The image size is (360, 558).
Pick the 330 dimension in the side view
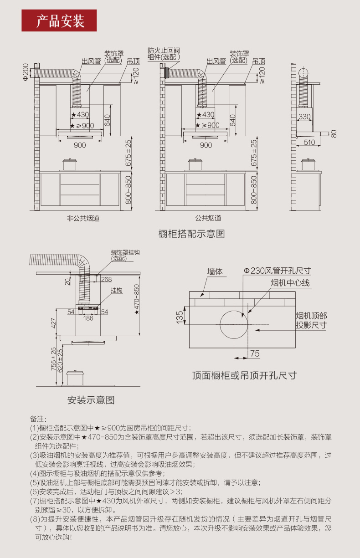click(305, 117)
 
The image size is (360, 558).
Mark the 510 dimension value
click(309, 143)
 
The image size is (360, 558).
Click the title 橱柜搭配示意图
click(191, 234)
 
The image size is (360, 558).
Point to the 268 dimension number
click(106, 280)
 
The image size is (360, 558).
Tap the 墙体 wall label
click(215, 272)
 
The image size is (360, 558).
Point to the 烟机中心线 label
click(290, 283)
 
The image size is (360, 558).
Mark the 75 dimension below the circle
click(254, 353)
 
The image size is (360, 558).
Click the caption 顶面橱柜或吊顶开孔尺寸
click(244, 375)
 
